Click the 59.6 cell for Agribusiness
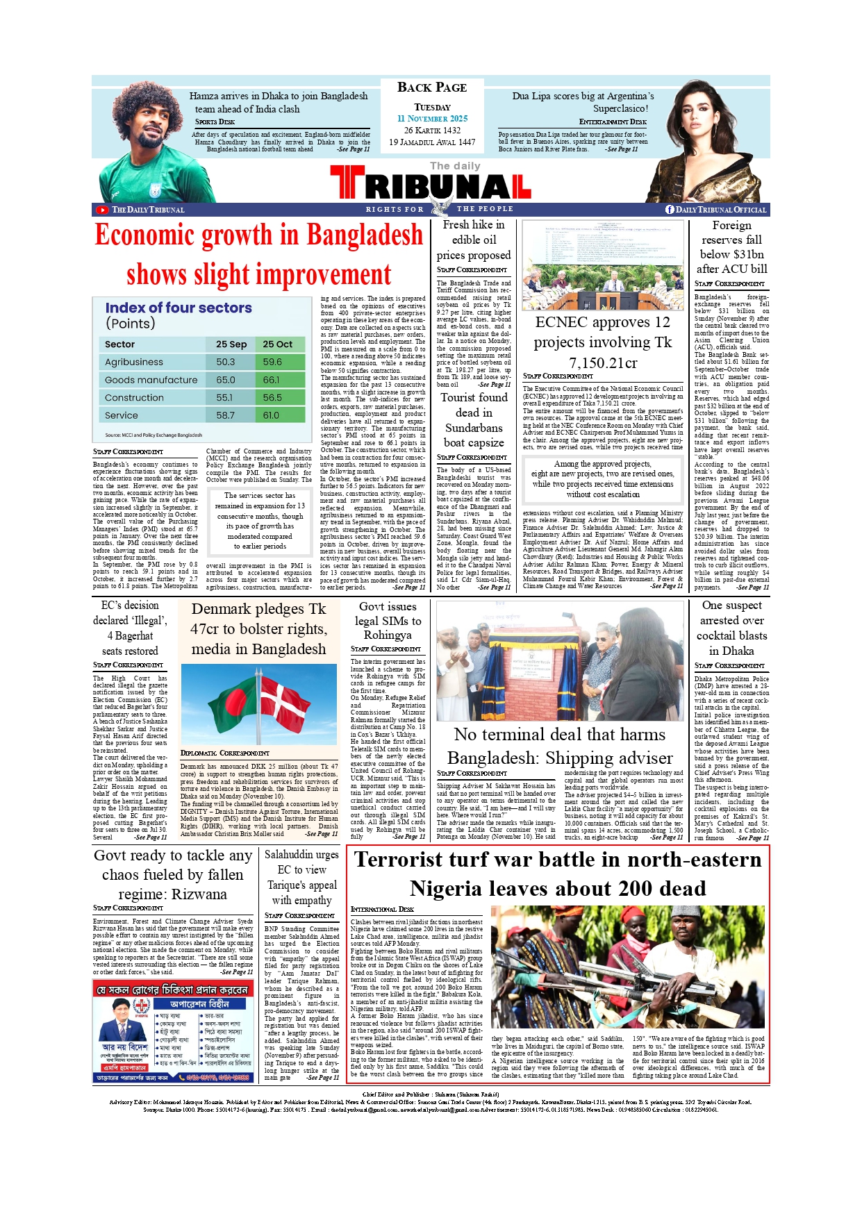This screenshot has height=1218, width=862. coord(272,362)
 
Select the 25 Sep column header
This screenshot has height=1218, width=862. coord(231,344)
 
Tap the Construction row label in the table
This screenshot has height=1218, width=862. coord(134,398)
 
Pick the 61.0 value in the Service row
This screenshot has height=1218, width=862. coord(271,415)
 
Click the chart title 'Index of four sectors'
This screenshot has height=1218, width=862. coord(179,308)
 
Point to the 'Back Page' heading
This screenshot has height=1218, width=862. coord(432,87)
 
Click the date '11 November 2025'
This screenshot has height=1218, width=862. coord(432,119)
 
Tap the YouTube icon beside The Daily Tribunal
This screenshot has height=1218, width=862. coord(103,210)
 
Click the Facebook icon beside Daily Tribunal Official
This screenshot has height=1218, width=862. coord(670,210)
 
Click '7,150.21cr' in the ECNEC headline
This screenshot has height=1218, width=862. coord(603,363)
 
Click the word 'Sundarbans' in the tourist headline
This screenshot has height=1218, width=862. coord(474,428)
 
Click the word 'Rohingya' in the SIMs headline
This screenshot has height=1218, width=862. coord(388,635)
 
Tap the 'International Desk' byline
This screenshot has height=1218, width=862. coord(383,909)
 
